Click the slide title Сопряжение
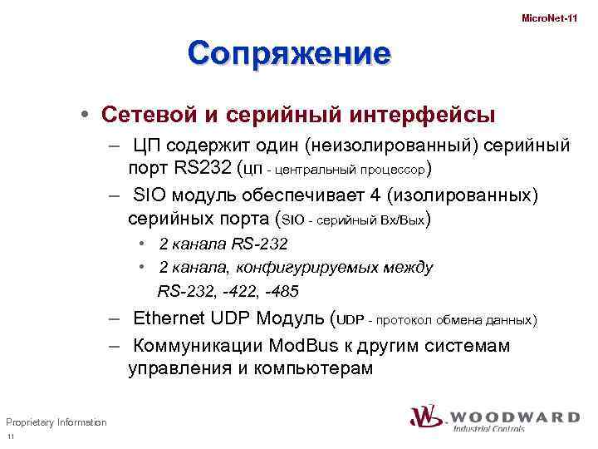[288, 54]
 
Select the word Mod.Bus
[306, 345]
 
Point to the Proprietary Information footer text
[56, 422]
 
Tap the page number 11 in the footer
[10, 438]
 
